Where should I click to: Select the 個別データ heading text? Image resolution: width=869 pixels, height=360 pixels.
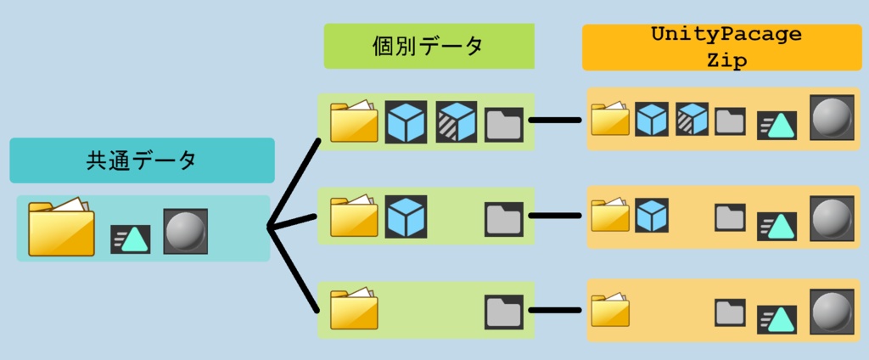428,46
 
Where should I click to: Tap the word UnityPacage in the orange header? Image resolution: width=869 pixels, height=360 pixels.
726,35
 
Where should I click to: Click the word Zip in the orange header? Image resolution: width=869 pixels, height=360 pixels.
726,61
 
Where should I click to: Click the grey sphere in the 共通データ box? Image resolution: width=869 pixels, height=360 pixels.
185,231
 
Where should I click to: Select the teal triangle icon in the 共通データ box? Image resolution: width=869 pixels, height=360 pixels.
131,239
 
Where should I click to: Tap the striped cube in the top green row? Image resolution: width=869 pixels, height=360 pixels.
457,121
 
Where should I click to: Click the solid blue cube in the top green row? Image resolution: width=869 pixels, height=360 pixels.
406,121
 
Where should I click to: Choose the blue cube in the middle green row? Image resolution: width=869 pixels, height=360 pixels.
406,217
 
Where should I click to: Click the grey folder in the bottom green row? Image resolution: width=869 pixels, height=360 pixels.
504,312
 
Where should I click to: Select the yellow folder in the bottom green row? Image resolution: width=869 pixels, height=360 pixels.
354,310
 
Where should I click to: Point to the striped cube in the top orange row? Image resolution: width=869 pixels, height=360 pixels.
692,120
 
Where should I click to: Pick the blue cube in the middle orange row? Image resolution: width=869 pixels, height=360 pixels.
652,215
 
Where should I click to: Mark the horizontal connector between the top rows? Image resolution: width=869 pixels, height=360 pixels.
555,120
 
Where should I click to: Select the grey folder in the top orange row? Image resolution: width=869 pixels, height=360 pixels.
730,122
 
